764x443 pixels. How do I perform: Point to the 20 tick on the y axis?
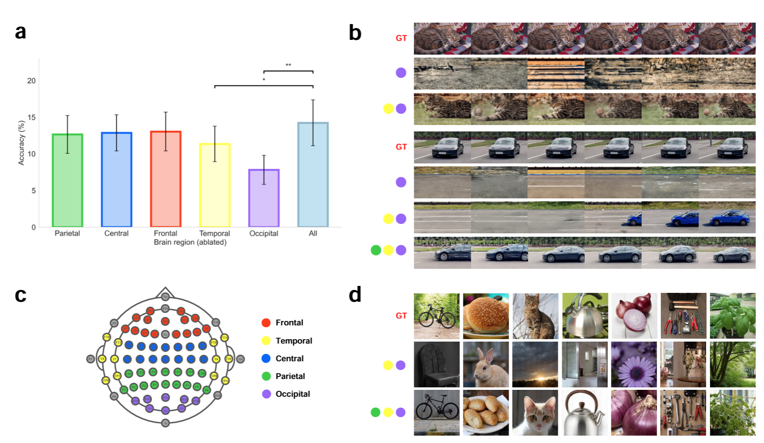[x=31, y=81]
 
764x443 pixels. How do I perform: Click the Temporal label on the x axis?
[x=214, y=233]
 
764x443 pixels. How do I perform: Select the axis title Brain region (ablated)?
[x=190, y=242]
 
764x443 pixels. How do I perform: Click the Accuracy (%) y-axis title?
[x=21, y=143]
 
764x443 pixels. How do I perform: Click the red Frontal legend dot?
[x=266, y=323]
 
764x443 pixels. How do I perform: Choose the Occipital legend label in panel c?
[x=293, y=394]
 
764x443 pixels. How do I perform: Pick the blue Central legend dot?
[x=266, y=358]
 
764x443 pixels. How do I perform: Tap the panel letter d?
[x=355, y=294]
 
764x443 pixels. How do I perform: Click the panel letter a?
[x=20, y=32]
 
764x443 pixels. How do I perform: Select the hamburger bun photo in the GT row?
[x=486, y=316]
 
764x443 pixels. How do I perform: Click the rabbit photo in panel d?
[x=486, y=365]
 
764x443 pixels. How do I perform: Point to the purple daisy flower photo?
[x=634, y=365]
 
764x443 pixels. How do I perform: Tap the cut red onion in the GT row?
[x=634, y=316]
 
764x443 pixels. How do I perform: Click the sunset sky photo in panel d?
[x=535, y=365]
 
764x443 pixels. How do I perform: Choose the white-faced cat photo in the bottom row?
[x=535, y=413]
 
